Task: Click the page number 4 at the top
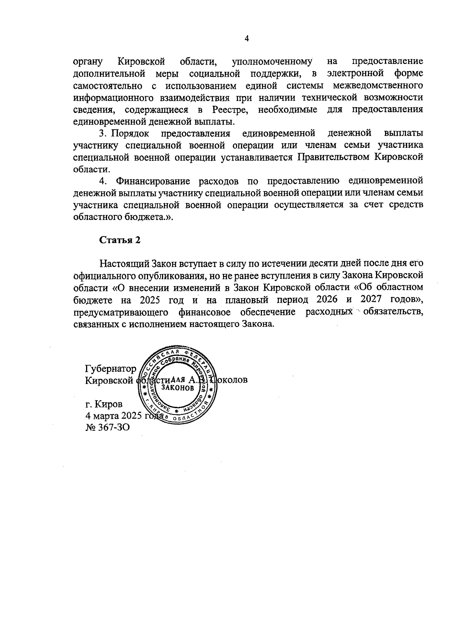coord(246,38)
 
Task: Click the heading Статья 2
coord(120,240)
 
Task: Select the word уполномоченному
coord(272,61)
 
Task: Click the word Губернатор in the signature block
coord(111,369)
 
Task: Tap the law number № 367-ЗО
coord(108,427)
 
